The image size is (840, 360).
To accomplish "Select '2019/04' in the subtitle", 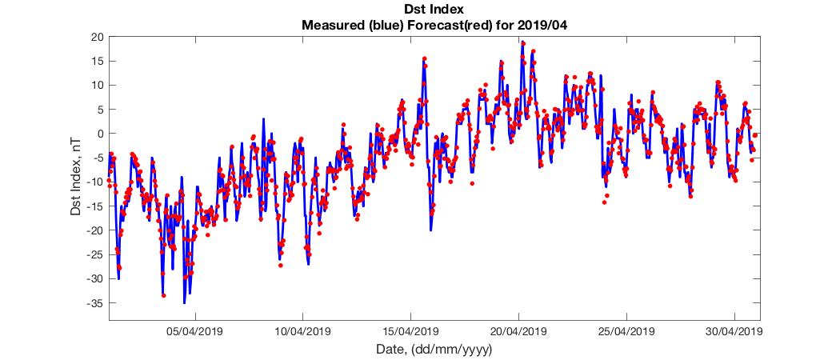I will coord(545,26).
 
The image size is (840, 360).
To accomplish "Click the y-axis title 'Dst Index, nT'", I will coord(76,178).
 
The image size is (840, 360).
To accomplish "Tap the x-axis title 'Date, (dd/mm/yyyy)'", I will coord(434,350).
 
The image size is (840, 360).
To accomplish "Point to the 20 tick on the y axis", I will coord(98,37).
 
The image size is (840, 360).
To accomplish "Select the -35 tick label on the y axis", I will coord(95,303).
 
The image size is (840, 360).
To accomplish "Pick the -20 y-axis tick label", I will coord(95,230).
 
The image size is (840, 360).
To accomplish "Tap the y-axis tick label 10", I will coord(98,85).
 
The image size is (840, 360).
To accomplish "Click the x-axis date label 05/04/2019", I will coord(194,330).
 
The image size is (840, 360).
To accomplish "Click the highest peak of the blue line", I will coord(522,42).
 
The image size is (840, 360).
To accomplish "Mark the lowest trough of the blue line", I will coord(184,303).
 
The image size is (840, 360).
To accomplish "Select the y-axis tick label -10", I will coord(95,182).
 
